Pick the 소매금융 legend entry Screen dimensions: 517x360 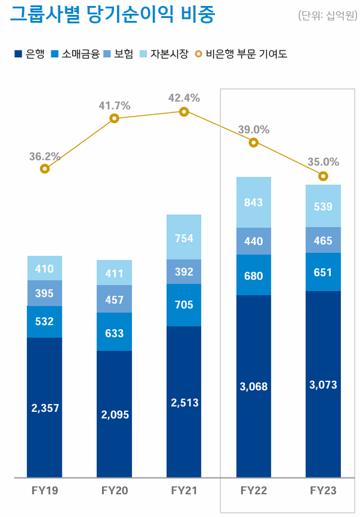pos(76,54)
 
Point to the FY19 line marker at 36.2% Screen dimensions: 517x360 pos(45,169)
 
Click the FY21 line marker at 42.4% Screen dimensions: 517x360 pos(184,112)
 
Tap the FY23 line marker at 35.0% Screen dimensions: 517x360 pos(323,176)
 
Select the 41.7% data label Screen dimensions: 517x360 pos(115,106)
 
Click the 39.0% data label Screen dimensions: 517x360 pos(254,130)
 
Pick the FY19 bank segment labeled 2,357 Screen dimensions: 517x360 pos(45,408)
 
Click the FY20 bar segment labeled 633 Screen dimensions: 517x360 pos(115,332)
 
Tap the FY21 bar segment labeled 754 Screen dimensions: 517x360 pos(184,238)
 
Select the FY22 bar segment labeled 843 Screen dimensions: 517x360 pos(254,203)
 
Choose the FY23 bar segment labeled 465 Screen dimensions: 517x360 pos(323,240)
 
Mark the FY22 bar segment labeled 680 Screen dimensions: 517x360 pos(254,276)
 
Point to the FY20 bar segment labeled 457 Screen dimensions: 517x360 pos(115,299)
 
